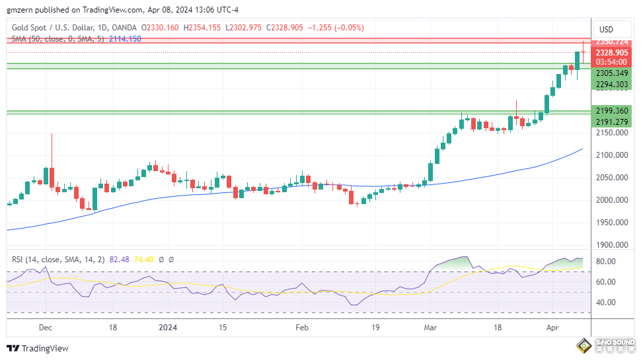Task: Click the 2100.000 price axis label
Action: click(611, 155)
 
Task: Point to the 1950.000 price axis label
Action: click(611, 223)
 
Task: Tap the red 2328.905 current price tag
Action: click(611, 52)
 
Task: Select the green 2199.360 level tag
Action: click(611, 110)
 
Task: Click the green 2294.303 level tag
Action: click(611, 84)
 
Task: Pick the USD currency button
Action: click(605, 29)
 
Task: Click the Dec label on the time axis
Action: click(45, 327)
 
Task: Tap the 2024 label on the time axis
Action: click(169, 327)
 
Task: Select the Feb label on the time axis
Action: click(302, 327)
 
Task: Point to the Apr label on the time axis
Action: click(552, 327)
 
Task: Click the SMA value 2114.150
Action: click(125, 39)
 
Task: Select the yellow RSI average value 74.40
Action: click(143, 260)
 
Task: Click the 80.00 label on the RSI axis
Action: click(606, 262)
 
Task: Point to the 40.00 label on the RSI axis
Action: click(606, 303)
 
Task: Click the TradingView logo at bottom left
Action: click(38, 348)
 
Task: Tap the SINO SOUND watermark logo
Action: click(604, 345)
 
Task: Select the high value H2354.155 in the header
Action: click(203, 28)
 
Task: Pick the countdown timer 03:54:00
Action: click(611, 62)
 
